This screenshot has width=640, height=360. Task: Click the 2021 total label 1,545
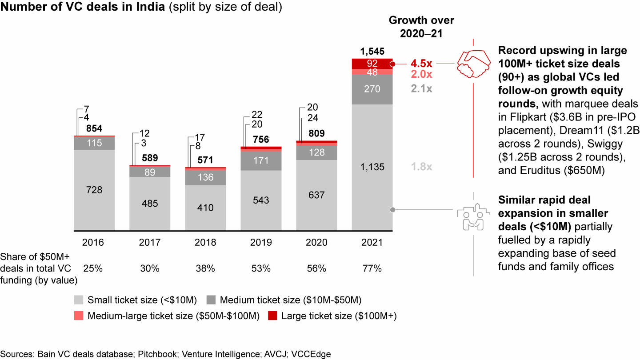click(x=372, y=52)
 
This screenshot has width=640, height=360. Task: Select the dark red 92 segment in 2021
click(x=372, y=63)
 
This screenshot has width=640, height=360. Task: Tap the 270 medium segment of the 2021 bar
click(x=372, y=89)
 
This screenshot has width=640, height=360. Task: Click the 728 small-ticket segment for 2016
click(x=94, y=190)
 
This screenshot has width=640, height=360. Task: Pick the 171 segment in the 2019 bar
click(x=261, y=161)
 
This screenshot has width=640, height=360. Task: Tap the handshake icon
click(x=473, y=63)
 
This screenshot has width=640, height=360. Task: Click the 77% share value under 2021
click(x=372, y=269)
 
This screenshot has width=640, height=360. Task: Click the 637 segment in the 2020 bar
click(x=316, y=195)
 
